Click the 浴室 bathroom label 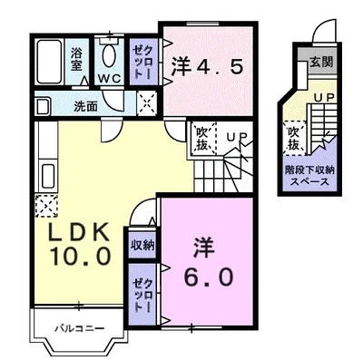[77, 57]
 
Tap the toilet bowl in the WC [109, 57]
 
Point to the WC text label [110, 78]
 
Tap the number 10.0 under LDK [82, 256]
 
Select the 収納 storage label [142, 244]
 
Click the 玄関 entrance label [320, 63]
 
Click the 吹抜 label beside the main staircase [204, 141]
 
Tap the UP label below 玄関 [321, 96]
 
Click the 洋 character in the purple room [202, 246]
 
